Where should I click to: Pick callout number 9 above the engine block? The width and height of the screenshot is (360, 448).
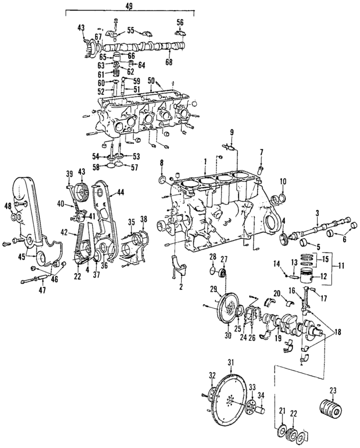pyautogui.click(x=231, y=132)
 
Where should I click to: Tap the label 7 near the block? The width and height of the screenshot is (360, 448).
pyautogui.click(x=261, y=152)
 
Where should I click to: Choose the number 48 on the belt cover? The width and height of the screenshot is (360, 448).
pyautogui.click(x=7, y=206)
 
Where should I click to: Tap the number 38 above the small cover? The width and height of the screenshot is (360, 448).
pyautogui.click(x=144, y=218)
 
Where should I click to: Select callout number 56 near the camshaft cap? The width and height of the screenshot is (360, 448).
pyautogui.click(x=180, y=22)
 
